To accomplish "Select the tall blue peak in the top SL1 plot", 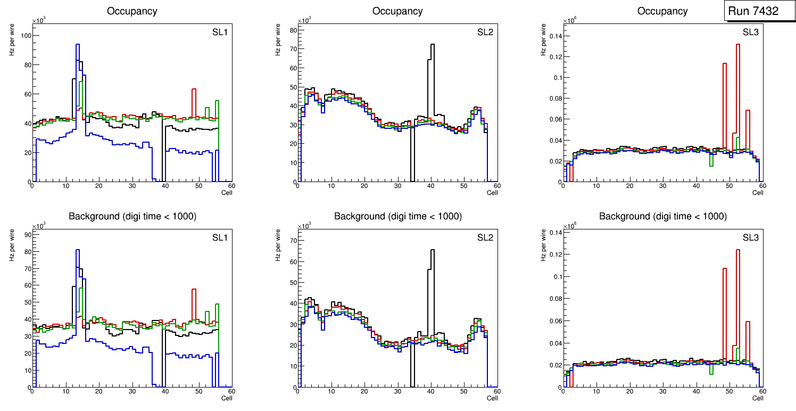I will pos(78,53).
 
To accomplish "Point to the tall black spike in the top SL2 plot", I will pos(432,53).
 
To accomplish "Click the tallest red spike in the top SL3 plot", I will pos(738,53).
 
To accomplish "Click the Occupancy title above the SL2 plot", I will pos(397,11).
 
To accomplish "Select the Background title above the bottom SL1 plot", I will pos(132,216).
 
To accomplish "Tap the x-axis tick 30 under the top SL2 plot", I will pos(397,186).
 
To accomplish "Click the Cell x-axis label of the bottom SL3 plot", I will pos(757,398).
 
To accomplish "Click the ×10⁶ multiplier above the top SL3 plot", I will pos(571,20).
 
